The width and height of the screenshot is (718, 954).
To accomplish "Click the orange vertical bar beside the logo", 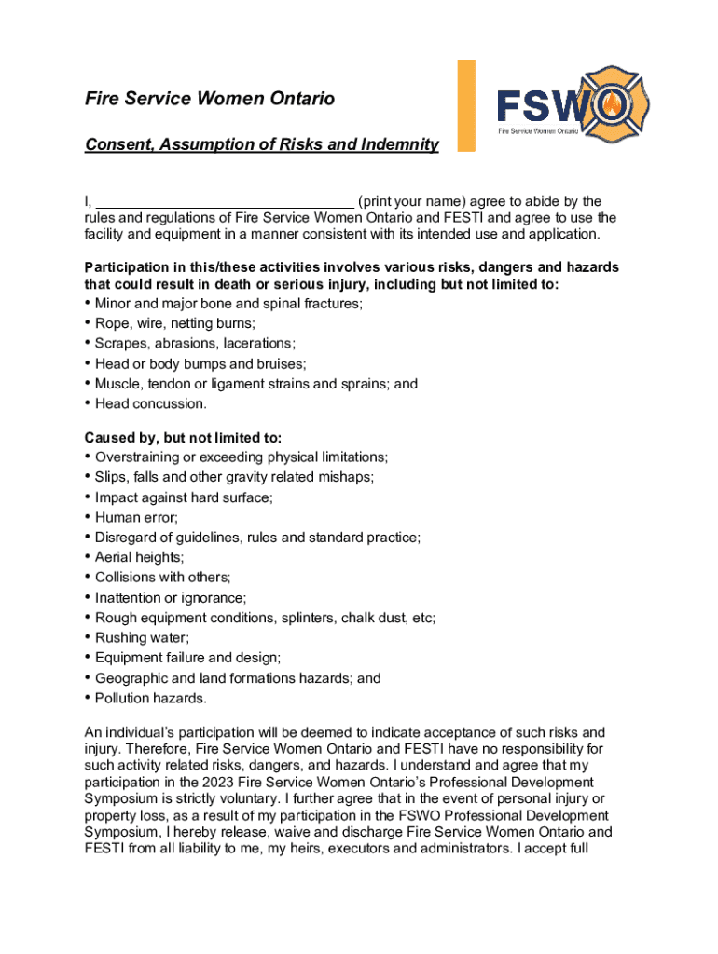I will [465, 104].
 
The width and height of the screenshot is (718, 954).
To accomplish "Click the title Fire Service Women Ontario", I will [209, 99].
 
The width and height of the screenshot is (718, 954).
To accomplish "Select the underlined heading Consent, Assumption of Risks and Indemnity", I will [261, 144].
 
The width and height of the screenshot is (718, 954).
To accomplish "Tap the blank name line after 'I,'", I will [225, 201].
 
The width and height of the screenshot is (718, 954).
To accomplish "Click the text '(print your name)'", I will [411, 201].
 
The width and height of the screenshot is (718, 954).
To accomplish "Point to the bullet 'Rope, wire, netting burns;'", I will [174, 323].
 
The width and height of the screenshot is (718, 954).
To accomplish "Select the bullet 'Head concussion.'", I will [150, 403].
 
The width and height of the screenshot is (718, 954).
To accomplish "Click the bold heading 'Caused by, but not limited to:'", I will [183, 437].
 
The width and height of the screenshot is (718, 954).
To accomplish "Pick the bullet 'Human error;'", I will [136, 517].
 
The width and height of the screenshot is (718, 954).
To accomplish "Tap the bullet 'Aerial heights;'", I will [139, 557].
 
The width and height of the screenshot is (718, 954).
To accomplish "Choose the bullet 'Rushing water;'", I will [140, 637].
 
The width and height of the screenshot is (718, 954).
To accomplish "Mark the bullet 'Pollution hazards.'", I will [150, 698].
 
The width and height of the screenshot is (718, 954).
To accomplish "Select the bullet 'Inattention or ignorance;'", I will [171, 597].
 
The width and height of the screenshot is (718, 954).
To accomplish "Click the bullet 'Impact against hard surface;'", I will [184, 497].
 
